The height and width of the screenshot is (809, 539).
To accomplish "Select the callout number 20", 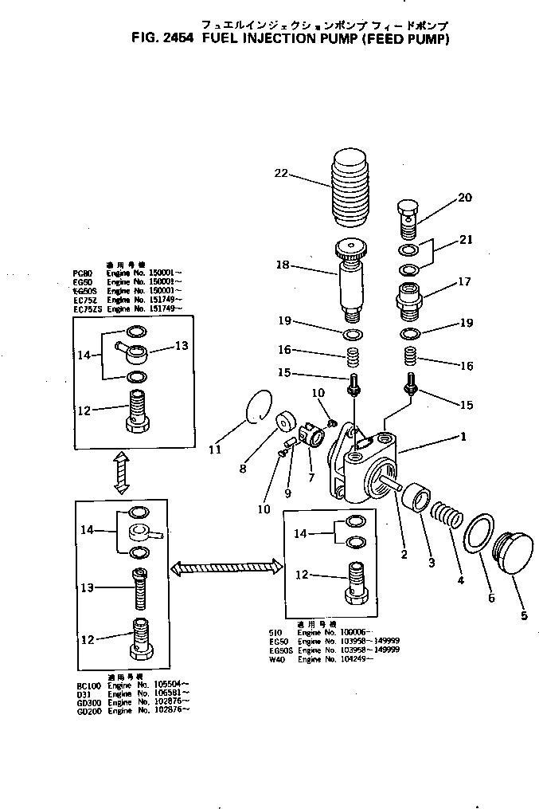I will tap(464, 198).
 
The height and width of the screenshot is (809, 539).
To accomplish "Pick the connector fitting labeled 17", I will tap(410, 298).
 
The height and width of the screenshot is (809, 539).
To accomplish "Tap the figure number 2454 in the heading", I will tap(181, 38).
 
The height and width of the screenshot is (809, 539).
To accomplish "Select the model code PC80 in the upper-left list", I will tap(82, 273).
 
